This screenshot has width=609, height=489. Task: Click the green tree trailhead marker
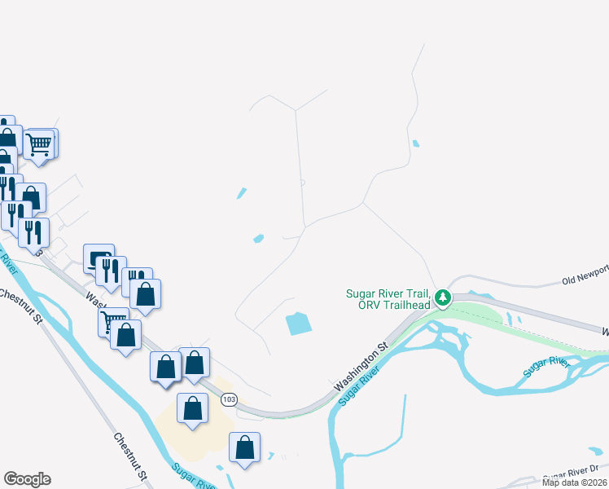(442, 297)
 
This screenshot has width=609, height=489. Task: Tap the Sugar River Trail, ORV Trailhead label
(390, 299)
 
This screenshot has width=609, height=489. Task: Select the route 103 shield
(229, 399)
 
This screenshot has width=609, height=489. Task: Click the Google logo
(27, 479)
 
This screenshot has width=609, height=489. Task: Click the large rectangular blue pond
(299, 324)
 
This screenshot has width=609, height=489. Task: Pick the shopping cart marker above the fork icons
(39, 144)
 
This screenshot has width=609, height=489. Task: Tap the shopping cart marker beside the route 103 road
(113, 320)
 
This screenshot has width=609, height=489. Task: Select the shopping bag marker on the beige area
(192, 407)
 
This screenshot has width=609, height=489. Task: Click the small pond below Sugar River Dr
(597, 450)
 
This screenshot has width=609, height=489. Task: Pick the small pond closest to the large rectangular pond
(259, 238)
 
